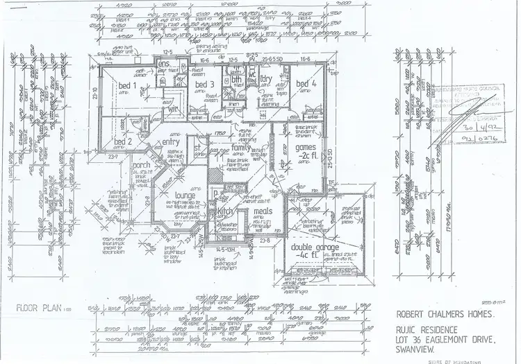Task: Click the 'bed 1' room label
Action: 125,85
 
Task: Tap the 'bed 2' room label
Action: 123,142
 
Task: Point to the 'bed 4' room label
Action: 306,85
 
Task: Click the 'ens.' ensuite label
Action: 165,64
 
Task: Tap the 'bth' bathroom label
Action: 236,80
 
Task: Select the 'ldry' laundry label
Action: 265,79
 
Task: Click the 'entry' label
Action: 171,142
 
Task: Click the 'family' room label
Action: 241,148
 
